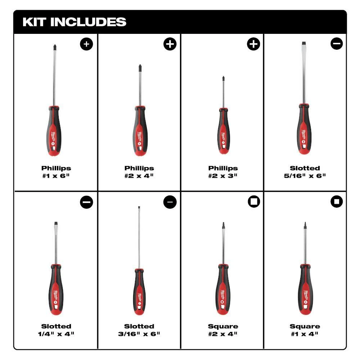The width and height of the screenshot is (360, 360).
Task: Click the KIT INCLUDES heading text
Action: point(74,22)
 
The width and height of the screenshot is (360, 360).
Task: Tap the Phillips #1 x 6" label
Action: point(56,172)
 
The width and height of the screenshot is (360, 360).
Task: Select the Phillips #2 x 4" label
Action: point(139,172)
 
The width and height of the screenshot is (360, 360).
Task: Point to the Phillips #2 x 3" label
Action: point(223,172)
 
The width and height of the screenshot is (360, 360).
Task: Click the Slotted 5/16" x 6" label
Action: point(305,172)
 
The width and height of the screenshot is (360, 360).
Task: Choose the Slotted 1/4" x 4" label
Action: point(56,330)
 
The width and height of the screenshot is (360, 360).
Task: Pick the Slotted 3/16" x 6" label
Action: point(139,330)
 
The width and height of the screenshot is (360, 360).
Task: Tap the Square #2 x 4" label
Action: point(223,330)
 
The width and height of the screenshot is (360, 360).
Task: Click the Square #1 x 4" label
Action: point(305,330)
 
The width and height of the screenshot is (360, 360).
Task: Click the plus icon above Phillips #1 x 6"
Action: point(86,44)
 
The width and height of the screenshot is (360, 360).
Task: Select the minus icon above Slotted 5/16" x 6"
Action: point(337,44)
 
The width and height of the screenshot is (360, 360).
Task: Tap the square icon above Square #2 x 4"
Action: point(254,202)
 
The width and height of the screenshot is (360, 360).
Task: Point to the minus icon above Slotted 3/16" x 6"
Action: point(170,202)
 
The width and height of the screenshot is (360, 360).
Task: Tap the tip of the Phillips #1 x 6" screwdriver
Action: point(54,47)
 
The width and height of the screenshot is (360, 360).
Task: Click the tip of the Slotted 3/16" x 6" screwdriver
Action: point(139,208)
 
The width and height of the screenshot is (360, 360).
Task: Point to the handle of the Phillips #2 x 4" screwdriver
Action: point(140,131)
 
